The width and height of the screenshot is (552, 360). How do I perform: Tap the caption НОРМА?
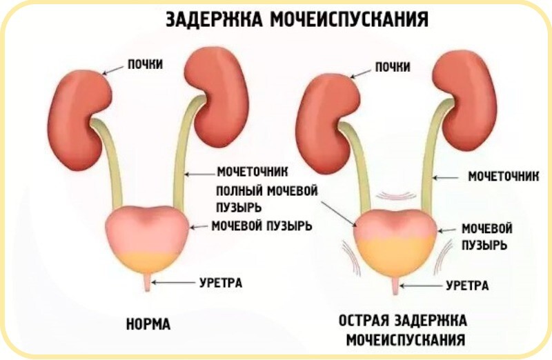coord(148,323)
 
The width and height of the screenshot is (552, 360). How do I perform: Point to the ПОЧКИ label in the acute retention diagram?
coord(393,66)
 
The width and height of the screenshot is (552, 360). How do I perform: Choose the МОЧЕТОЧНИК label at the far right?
coord(502,177)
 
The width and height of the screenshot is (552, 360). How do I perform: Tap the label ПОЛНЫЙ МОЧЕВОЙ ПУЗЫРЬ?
coord(267,197)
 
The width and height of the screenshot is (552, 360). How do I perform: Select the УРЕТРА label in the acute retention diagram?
coord(467,284)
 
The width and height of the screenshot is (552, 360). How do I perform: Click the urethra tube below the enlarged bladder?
coord(394,286)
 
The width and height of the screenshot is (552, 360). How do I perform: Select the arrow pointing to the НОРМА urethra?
coord(172,282)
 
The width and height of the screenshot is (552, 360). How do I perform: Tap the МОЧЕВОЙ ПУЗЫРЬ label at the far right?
coord(486,236)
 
